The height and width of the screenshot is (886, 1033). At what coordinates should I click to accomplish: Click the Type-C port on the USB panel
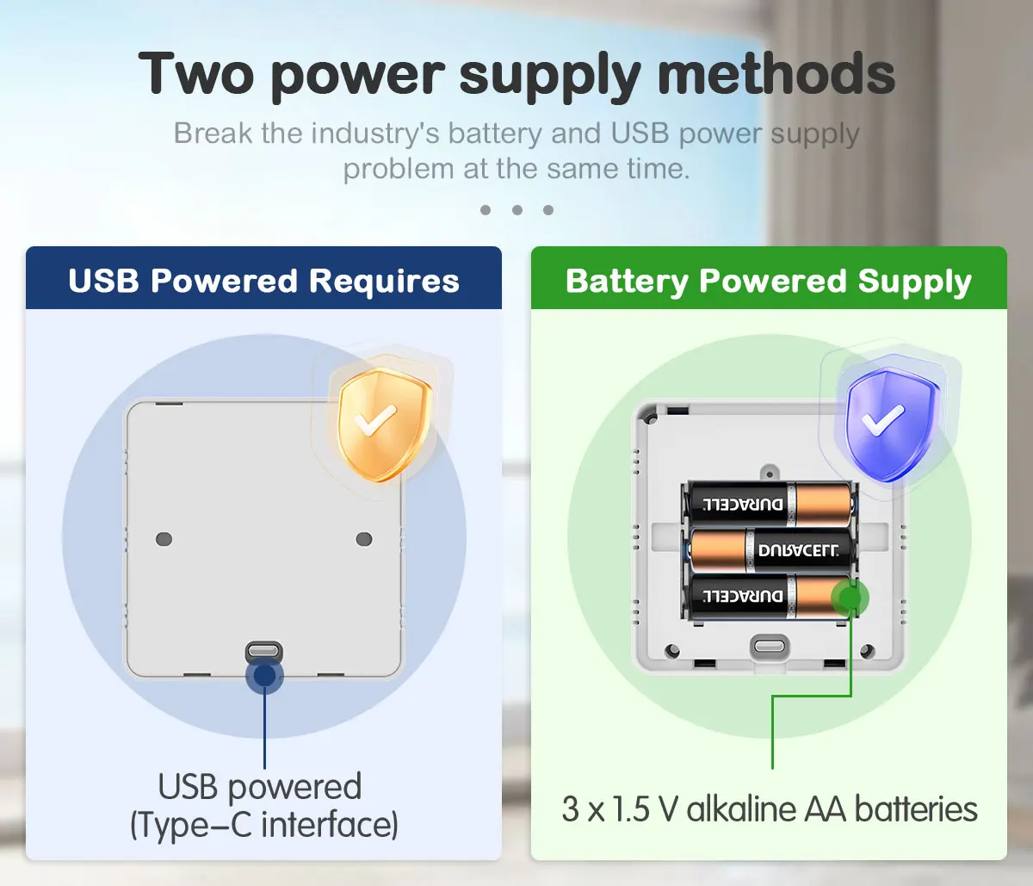[264, 649]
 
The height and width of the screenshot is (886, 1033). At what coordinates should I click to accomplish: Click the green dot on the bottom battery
[851, 596]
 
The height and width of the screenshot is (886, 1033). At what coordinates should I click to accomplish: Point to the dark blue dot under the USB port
[264, 676]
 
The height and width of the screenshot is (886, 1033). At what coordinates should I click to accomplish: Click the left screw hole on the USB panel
[164, 539]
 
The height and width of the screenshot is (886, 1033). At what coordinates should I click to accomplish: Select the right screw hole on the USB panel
[364, 539]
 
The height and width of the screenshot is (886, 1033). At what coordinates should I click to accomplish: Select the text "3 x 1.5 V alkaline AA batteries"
[770, 809]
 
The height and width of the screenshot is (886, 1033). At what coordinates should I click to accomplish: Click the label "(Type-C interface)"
[264, 825]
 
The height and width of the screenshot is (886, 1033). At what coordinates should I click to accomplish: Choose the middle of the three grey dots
[516, 210]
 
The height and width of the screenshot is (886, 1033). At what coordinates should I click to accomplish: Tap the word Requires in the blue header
[384, 282]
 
